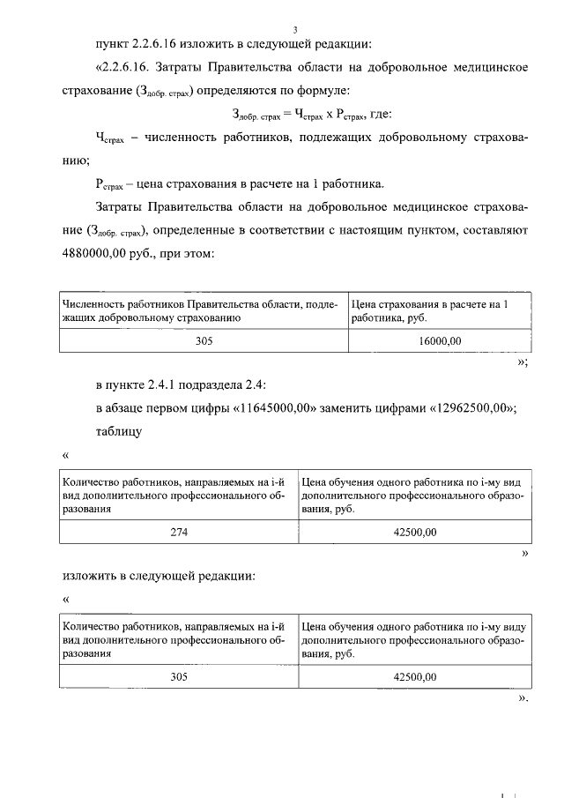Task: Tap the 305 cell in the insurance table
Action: (x=204, y=339)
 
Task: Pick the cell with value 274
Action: (x=179, y=532)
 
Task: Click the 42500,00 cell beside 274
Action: (x=412, y=532)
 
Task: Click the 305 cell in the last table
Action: (x=179, y=676)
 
